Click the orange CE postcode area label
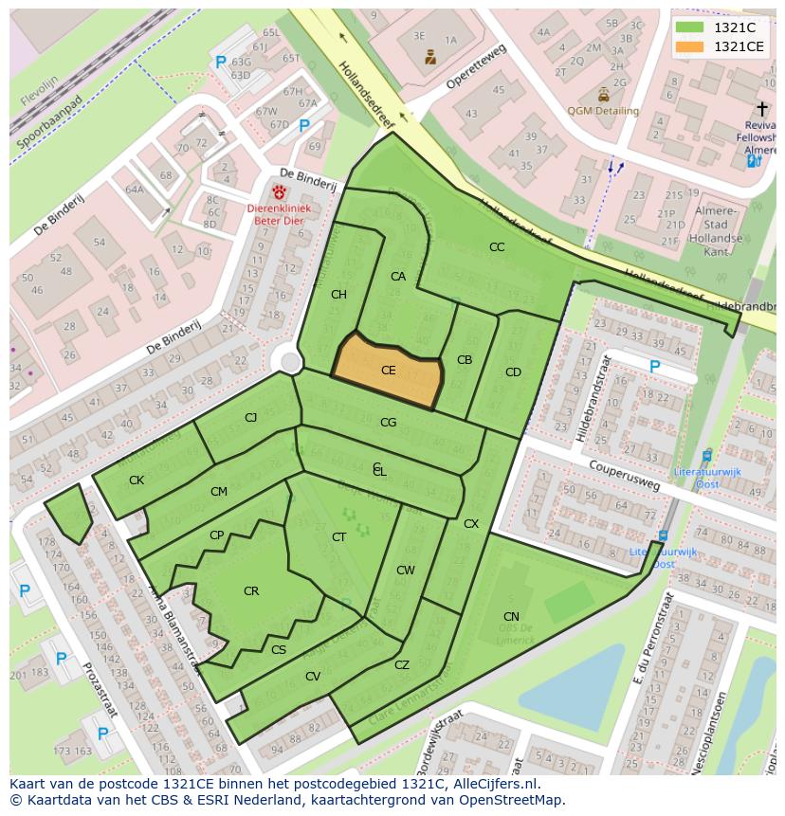click(x=388, y=371)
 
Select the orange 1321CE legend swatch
click(x=689, y=46)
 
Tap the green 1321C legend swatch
click(x=689, y=27)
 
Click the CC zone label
click(x=497, y=247)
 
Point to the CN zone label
click(x=511, y=617)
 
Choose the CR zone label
click(x=251, y=591)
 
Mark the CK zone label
click(x=137, y=481)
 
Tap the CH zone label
click(x=338, y=295)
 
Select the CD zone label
click(x=513, y=372)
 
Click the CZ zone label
click(x=402, y=665)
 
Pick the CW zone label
click(x=406, y=571)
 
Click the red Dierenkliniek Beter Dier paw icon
click(x=280, y=192)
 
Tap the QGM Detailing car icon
click(x=604, y=95)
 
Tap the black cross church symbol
click(x=762, y=110)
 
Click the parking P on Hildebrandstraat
click(x=654, y=367)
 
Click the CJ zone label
click(x=250, y=418)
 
